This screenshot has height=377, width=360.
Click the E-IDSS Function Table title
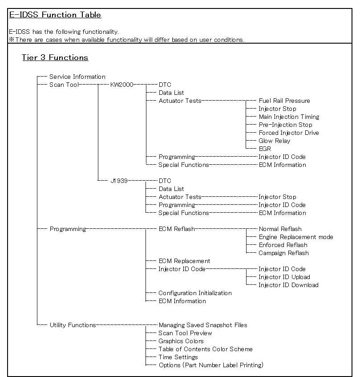pyautogui.click(x=55, y=15)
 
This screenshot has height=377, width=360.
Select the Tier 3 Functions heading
pyautogui.click(x=55, y=57)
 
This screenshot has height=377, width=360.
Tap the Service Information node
pyautogui.click(x=77, y=77)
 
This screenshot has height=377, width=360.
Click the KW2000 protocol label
pyautogui.click(x=121, y=85)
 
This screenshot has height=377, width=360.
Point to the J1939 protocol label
pyautogui.click(x=119, y=181)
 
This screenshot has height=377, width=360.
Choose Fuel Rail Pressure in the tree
pyautogui.click(x=284, y=101)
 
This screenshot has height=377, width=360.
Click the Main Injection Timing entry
pyautogui.click(x=289, y=117)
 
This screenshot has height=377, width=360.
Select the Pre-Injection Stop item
pyautogui.click(x=285, y=125)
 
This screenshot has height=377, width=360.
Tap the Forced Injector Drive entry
pyautogui.click(x=288, y=133)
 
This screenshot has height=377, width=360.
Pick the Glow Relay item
pyautogui.click(x=274, y=141)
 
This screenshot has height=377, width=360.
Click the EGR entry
pyautogui.click(x=265, y=149)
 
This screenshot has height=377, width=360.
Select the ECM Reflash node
pyautogui.click(x=176, y=229)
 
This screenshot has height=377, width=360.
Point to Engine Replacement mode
pyautogui.click(x=295, y=237)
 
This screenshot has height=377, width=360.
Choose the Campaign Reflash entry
pyautogui.click(x=283, y=253)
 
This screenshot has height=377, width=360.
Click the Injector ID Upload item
pyautogui.click(x=284, y=277)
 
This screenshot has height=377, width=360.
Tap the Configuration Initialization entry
pyautogui.click(x=195, y=293)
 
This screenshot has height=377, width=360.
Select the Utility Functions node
pyautogui.click(x=73, y=325)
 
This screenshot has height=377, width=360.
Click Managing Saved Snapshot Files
pyautogui.click(x=202, y=325)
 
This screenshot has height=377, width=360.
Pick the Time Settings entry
pyautogui.click(x=178, y=357)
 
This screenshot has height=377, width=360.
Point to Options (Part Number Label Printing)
pyautogui.click(x=211, y=365)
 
